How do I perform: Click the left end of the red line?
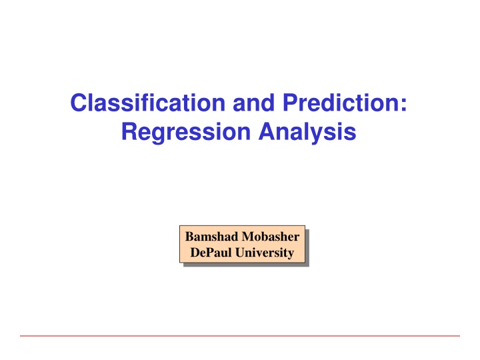pos(21,335)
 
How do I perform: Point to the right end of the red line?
pos(459,335)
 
